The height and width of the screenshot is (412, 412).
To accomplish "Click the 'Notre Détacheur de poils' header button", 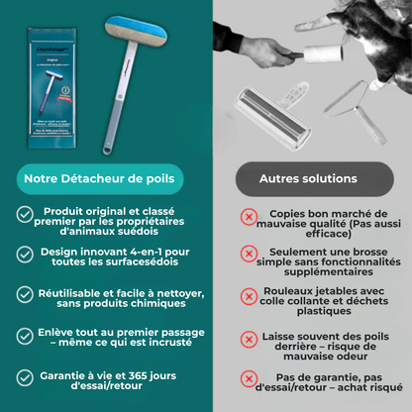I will pyautogui.click(x=101, y=178).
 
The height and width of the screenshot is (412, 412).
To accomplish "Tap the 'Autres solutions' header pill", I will pyautogui.click(x=307, y=178).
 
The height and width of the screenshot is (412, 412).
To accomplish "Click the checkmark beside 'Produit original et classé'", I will pyautogui.click(x=24, y=214).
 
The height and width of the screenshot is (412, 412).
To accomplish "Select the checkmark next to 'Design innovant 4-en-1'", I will pyautogui.click(x=24, y=256).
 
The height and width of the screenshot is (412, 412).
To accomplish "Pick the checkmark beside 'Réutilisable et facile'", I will pyautogui.click(x=24, y=295).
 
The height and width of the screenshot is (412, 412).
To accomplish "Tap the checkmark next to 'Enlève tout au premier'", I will pyautogui.click(x=24, y=336).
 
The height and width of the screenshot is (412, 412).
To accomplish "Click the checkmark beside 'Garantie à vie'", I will pyautogui.click(x=24, y=376).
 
